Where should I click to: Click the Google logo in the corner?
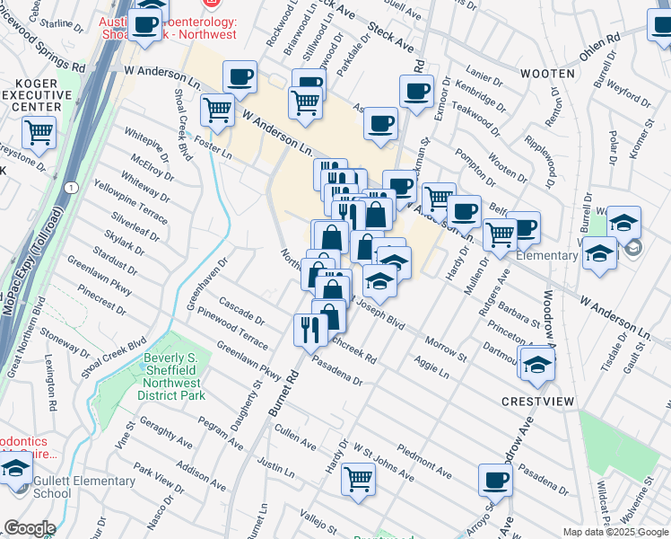pyautogui.click(x=29, y=528)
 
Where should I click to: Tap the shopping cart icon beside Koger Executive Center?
pyautogui.click(x=39, y=133)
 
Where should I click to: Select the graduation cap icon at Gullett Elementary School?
pyautogui.click(x=15, y=469)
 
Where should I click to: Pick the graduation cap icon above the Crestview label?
pyautogui.click(x=536, y=364)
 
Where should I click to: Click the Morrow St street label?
pyautogui.click(x=446, y=350)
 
